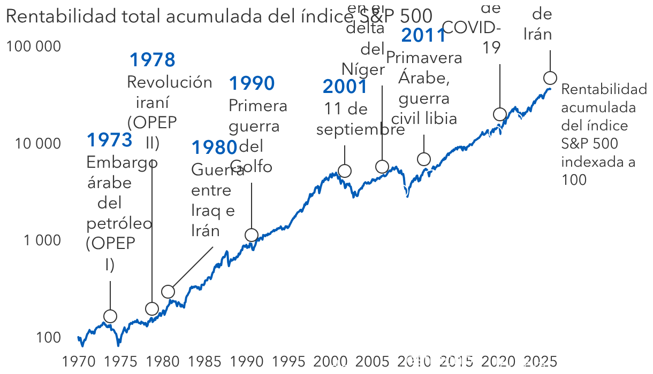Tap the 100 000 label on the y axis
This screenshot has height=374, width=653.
[x=33, y=46]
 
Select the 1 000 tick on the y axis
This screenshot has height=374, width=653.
[x=41, y=240]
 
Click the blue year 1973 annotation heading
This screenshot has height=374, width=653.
[x=109, y=140]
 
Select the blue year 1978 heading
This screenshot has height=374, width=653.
[x=153, y=60]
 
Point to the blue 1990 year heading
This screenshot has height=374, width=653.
[x=252, y=83]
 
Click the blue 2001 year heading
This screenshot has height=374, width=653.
[x=345, y=87]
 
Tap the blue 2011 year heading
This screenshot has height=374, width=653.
[x=423, y=35]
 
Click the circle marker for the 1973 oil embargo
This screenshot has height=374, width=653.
[x=110, y=316]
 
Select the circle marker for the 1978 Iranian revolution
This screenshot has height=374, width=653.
[x=152, y=309]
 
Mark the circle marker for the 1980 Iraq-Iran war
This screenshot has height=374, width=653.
[x=168, y=292]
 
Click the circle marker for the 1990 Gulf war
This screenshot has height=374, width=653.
[x=252, y=235]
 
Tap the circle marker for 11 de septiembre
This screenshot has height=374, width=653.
[x=345, y=171]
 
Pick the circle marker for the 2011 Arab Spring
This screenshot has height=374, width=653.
[x=424, y=159]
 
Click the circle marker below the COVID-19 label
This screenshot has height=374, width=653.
[x=500, y=114]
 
